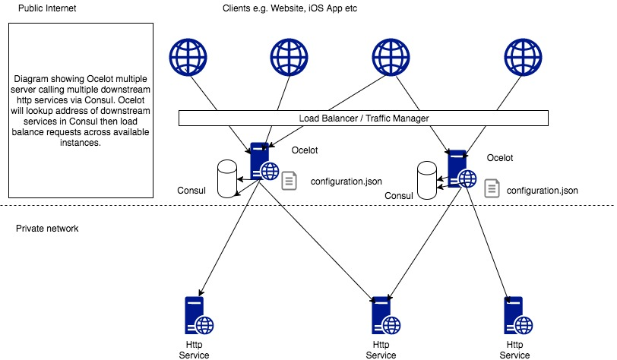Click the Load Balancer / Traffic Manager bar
point(363,118)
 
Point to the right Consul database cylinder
point(428,182)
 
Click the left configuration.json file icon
point(290,181)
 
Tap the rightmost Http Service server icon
point(514,315)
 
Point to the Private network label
point(47,228)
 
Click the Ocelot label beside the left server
point(305,150)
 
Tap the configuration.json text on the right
point(542,189)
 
